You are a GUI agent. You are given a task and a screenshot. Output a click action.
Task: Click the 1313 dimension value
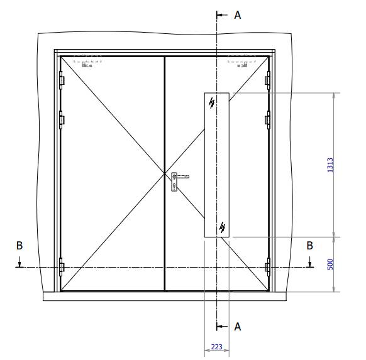click(330, 165)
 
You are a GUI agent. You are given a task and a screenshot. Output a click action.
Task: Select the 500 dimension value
click(330, 265)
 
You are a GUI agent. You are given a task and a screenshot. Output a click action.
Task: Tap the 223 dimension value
click(216, 347)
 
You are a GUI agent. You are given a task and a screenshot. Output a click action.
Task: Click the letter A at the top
click(237, 15)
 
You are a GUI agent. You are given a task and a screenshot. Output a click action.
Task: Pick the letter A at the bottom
click(237, 326)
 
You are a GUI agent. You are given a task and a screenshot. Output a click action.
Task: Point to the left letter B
click(19, 246)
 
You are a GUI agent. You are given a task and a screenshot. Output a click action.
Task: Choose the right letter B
click(309, 246)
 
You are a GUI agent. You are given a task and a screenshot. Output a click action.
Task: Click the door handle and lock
click(175, 181)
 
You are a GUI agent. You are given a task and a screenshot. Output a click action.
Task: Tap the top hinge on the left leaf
click(62, 80)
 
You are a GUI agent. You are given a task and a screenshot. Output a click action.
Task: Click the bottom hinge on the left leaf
click(62, 267)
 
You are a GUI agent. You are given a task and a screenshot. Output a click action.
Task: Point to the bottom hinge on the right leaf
click(268, 267)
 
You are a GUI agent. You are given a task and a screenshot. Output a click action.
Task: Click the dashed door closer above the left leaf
click(87, 61)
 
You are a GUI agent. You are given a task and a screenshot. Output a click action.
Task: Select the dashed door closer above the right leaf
click(242, 61)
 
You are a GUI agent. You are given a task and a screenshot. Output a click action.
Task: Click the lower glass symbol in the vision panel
click(222, 227)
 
